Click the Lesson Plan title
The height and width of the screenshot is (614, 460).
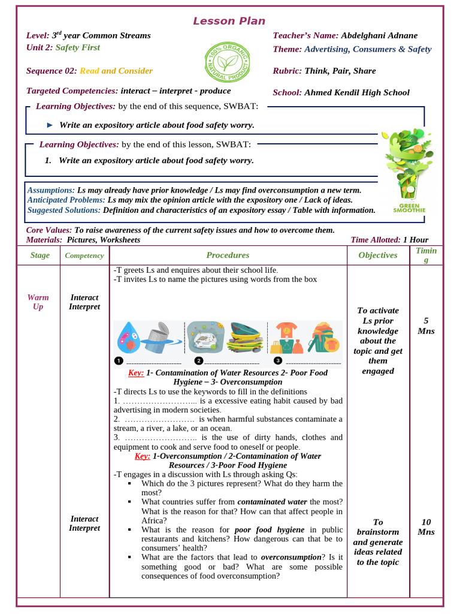229,21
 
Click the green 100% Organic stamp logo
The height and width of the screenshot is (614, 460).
228,63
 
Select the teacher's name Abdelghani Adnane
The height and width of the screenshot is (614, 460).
379,35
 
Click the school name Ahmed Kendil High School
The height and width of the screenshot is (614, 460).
356,92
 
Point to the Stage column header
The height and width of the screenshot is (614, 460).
40,255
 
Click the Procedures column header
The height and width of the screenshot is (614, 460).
228,255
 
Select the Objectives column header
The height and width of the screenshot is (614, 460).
378,255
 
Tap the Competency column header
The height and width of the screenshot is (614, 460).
84,255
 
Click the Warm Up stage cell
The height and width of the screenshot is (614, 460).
38,302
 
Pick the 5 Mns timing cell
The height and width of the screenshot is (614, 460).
426,326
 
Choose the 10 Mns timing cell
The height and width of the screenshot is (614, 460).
426,527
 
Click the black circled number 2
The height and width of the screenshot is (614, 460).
199,361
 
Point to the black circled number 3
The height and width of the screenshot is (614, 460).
278,361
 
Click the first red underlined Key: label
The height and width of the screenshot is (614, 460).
136,373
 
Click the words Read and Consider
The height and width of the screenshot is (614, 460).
116,71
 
